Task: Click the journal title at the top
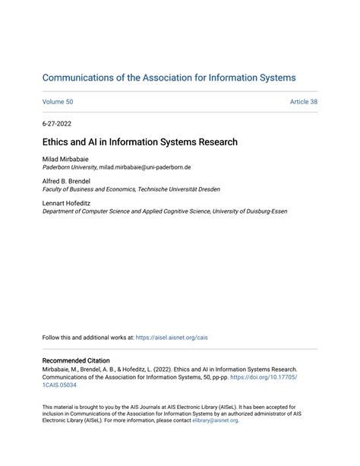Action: coord(169,78)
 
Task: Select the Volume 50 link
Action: coord(57,102)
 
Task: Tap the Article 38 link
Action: coord(303,102)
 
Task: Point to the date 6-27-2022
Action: coord(57,123)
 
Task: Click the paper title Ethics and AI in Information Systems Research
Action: coord(140,142)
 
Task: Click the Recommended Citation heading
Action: coord(76,360)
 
